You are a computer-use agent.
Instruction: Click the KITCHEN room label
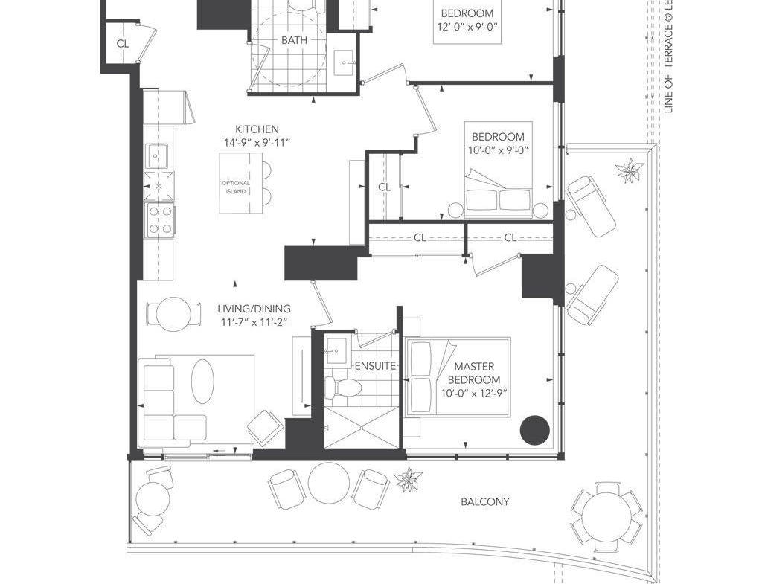click(x=257, y=129)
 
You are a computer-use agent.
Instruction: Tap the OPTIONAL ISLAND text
click(x=236, y=187)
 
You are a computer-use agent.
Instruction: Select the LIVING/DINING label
click(x=254, y=309)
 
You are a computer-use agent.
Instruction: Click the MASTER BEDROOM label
click(x=474, y=373)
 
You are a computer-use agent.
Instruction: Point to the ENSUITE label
click(x=375, y=366)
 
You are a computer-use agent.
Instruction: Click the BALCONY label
click(x=485, y=501)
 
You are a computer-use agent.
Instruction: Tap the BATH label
click(x=294, y=40)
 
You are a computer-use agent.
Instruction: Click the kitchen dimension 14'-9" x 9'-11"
click(x=257, y=143)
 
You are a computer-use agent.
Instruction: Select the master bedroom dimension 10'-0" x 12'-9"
click(x=474, y=393)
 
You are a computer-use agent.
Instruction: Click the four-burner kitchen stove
click(x=161, y=220)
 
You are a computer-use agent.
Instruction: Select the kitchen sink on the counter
click(x=157, y=155)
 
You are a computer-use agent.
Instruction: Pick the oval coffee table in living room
click(x=202, y=381)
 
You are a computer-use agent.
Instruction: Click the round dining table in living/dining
click(x=173, y=315)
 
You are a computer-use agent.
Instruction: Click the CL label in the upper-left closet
click(x=123, y=44)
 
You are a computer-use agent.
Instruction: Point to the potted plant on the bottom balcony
click(x=409, y=480)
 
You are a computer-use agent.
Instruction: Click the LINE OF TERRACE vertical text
click(x=669, y=57)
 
